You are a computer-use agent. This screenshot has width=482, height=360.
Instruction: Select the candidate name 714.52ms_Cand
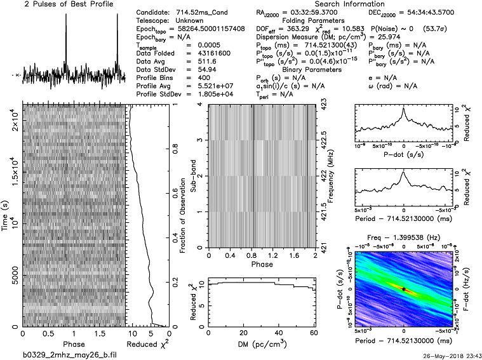coord(197,13)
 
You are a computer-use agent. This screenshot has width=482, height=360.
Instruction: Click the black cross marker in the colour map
coord(403,289)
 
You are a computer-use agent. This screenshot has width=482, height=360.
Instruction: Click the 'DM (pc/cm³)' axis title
coord(261,343)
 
